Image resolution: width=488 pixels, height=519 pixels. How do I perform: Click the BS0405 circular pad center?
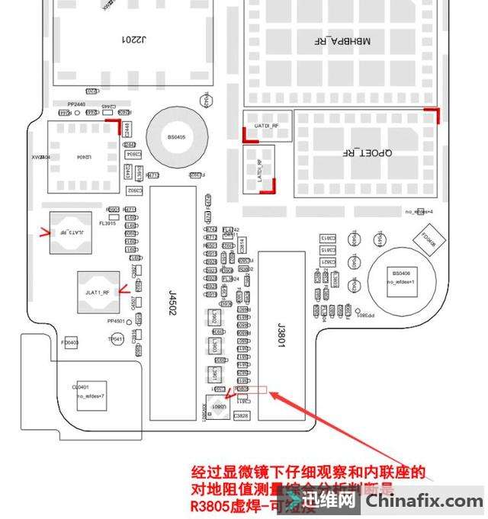(177, 137)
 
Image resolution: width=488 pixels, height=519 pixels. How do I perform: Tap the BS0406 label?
(401, 272)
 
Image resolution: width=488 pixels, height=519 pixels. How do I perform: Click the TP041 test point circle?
(116, 338)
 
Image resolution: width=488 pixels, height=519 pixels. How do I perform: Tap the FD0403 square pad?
(70, 343)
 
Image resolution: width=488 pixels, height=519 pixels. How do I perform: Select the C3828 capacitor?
(241, 415)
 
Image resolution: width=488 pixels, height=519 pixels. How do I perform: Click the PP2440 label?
(76, 104)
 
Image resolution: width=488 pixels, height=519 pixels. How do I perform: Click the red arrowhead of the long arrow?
(273, 395)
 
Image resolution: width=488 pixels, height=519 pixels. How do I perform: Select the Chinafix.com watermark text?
(425, 501)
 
